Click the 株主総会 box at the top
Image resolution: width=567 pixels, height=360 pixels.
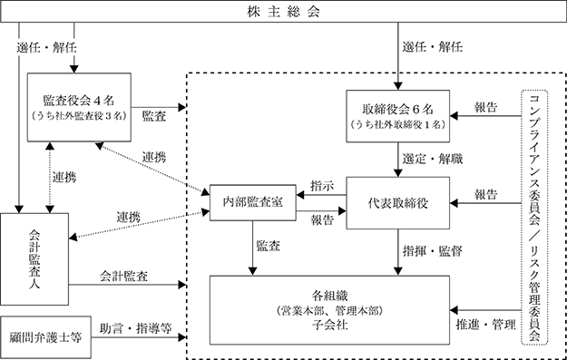283,11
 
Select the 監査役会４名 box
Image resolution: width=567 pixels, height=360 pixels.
79,107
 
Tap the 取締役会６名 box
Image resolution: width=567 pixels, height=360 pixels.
397,116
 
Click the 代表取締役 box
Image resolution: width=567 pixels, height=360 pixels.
397,203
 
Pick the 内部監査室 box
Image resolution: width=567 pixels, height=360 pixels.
253,202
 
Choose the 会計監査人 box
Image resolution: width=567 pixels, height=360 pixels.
34,258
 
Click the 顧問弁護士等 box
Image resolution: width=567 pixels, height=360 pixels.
45,337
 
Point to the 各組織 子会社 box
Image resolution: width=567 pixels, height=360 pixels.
330,310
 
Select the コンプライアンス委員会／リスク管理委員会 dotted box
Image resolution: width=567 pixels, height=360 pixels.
534,218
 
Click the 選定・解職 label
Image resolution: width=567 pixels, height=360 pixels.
433,159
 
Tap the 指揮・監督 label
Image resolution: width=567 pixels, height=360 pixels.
433,251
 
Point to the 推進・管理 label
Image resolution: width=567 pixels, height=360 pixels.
485,325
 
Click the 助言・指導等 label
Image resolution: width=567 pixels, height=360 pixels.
135,328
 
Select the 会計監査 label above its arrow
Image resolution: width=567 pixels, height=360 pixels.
123,277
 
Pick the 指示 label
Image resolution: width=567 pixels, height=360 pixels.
322,186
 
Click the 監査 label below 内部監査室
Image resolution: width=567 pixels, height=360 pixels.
268,246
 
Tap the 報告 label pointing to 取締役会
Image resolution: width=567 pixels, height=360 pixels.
485,107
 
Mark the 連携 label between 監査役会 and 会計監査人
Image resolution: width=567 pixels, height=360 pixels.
64,178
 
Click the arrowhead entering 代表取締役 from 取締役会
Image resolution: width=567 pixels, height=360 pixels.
397,173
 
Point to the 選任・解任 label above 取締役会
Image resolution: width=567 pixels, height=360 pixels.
433,47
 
